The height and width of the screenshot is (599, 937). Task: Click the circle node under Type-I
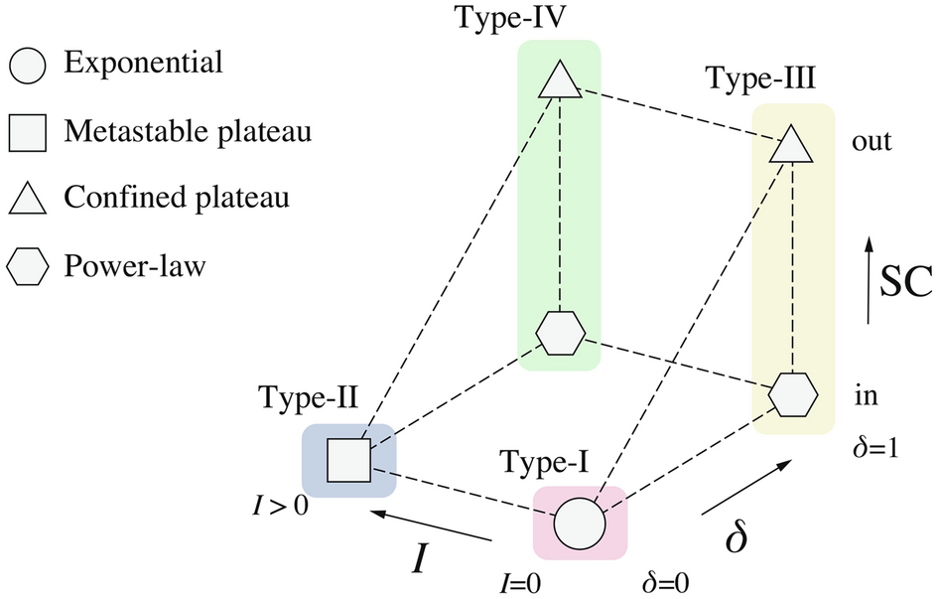point(580,523)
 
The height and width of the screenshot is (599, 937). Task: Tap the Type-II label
point(308,399)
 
